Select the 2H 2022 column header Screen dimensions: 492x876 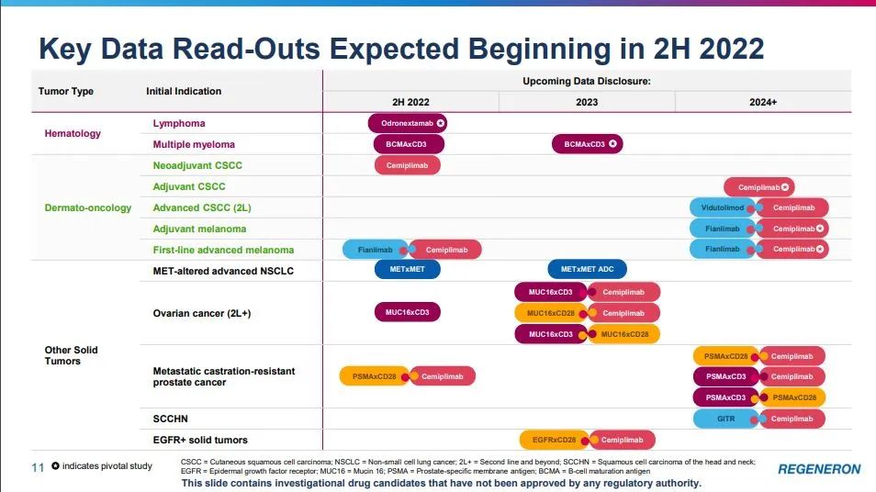[410, 102]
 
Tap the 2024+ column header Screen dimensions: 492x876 [762, 102]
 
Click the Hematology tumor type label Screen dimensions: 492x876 [73, 133]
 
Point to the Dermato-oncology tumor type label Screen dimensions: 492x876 [88, 207]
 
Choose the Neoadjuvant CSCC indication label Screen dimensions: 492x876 [197, 165]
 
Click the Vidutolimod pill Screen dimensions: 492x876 [722, 207]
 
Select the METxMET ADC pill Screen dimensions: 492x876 [587, 270]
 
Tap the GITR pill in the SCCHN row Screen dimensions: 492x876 [725, 419]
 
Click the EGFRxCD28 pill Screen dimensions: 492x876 [554, 440]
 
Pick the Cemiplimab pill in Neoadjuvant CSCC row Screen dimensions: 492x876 [407, 165]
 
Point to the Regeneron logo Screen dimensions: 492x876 [819, 469]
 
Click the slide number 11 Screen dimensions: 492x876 [38, 467]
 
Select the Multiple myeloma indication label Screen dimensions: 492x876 [194, 144]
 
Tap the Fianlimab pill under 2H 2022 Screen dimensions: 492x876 [376, 250]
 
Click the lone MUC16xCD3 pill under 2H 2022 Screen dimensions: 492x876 [407, 312]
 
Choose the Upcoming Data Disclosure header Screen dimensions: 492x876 [587, 81]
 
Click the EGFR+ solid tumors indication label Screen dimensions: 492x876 [200, 440]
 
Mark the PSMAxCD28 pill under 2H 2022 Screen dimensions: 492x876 [374, 376]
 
